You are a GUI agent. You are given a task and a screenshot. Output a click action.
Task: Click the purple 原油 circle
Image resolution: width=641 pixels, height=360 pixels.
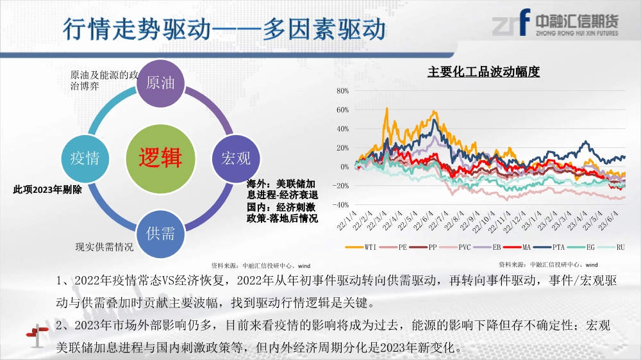[160, 83]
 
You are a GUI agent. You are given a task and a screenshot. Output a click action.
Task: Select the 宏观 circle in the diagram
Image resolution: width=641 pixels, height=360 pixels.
[236, 159]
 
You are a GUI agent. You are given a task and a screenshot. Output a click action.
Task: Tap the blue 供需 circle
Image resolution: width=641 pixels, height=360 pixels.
[160, 234]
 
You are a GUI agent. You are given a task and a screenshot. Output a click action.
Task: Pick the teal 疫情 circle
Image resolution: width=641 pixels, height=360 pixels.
[85, 159]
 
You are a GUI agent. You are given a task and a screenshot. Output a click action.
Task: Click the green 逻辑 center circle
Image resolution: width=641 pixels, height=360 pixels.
[160, 159]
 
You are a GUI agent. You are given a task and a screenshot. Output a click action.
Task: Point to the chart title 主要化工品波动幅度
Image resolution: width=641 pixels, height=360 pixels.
[483, 72]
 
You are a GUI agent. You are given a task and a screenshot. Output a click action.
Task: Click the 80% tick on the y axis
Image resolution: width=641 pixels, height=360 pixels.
[342, 91]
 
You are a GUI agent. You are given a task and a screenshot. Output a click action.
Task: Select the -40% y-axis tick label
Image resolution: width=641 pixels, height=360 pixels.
[341, 205]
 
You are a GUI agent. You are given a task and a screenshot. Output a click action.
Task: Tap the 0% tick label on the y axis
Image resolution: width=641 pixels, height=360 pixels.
[345, 167]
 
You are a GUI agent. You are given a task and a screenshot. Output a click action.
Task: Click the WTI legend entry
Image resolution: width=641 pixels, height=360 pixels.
[360, 247]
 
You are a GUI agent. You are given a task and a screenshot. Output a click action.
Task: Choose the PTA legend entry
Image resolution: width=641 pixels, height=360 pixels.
[549, 247]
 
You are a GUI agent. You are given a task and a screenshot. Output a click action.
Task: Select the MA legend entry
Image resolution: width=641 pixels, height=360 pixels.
[517, 247]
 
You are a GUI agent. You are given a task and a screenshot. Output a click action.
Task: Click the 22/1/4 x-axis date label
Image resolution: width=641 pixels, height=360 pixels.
[347, 220]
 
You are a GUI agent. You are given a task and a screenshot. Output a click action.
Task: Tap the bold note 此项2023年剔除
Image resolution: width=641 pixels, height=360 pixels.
[47, 190]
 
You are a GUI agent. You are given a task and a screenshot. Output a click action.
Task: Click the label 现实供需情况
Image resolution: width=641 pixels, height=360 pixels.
[104, 247]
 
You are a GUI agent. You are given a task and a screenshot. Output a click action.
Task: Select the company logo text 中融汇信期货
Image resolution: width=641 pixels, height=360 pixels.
[577, 20]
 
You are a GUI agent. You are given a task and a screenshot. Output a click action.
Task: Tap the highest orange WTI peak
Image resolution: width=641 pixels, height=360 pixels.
[387, 108]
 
